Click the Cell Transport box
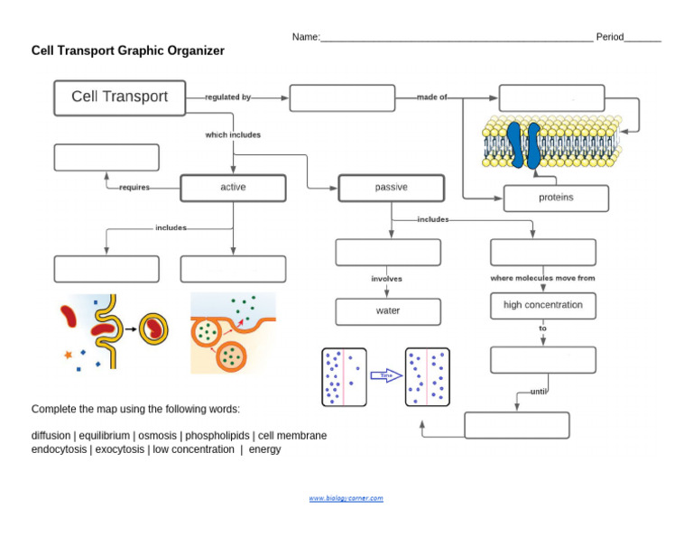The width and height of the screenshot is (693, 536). click(119, 97)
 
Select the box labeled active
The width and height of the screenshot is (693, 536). click(233, 188)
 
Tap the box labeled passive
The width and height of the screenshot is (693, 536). click(391, 188)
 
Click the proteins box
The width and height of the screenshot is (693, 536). click(556, 198)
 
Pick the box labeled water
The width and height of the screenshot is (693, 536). click(388, 311)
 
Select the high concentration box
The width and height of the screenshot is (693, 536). click(543, 305)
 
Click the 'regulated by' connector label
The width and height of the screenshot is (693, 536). click(227, 97)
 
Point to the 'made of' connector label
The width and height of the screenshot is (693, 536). click(431, 97)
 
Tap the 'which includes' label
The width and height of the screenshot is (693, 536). click(233, 135)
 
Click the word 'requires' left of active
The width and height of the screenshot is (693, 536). click(134, 188)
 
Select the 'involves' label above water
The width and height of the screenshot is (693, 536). click(386, 279)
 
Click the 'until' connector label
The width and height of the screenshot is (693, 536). click(539, 392)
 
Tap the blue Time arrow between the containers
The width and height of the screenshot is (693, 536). click(386, 375)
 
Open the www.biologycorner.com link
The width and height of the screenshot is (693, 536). click(346, 498)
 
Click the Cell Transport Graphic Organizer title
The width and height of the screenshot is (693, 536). click(128, 51)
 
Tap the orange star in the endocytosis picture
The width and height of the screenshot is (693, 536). click(68, 355)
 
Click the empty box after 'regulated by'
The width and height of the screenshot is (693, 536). click(342, 97)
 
